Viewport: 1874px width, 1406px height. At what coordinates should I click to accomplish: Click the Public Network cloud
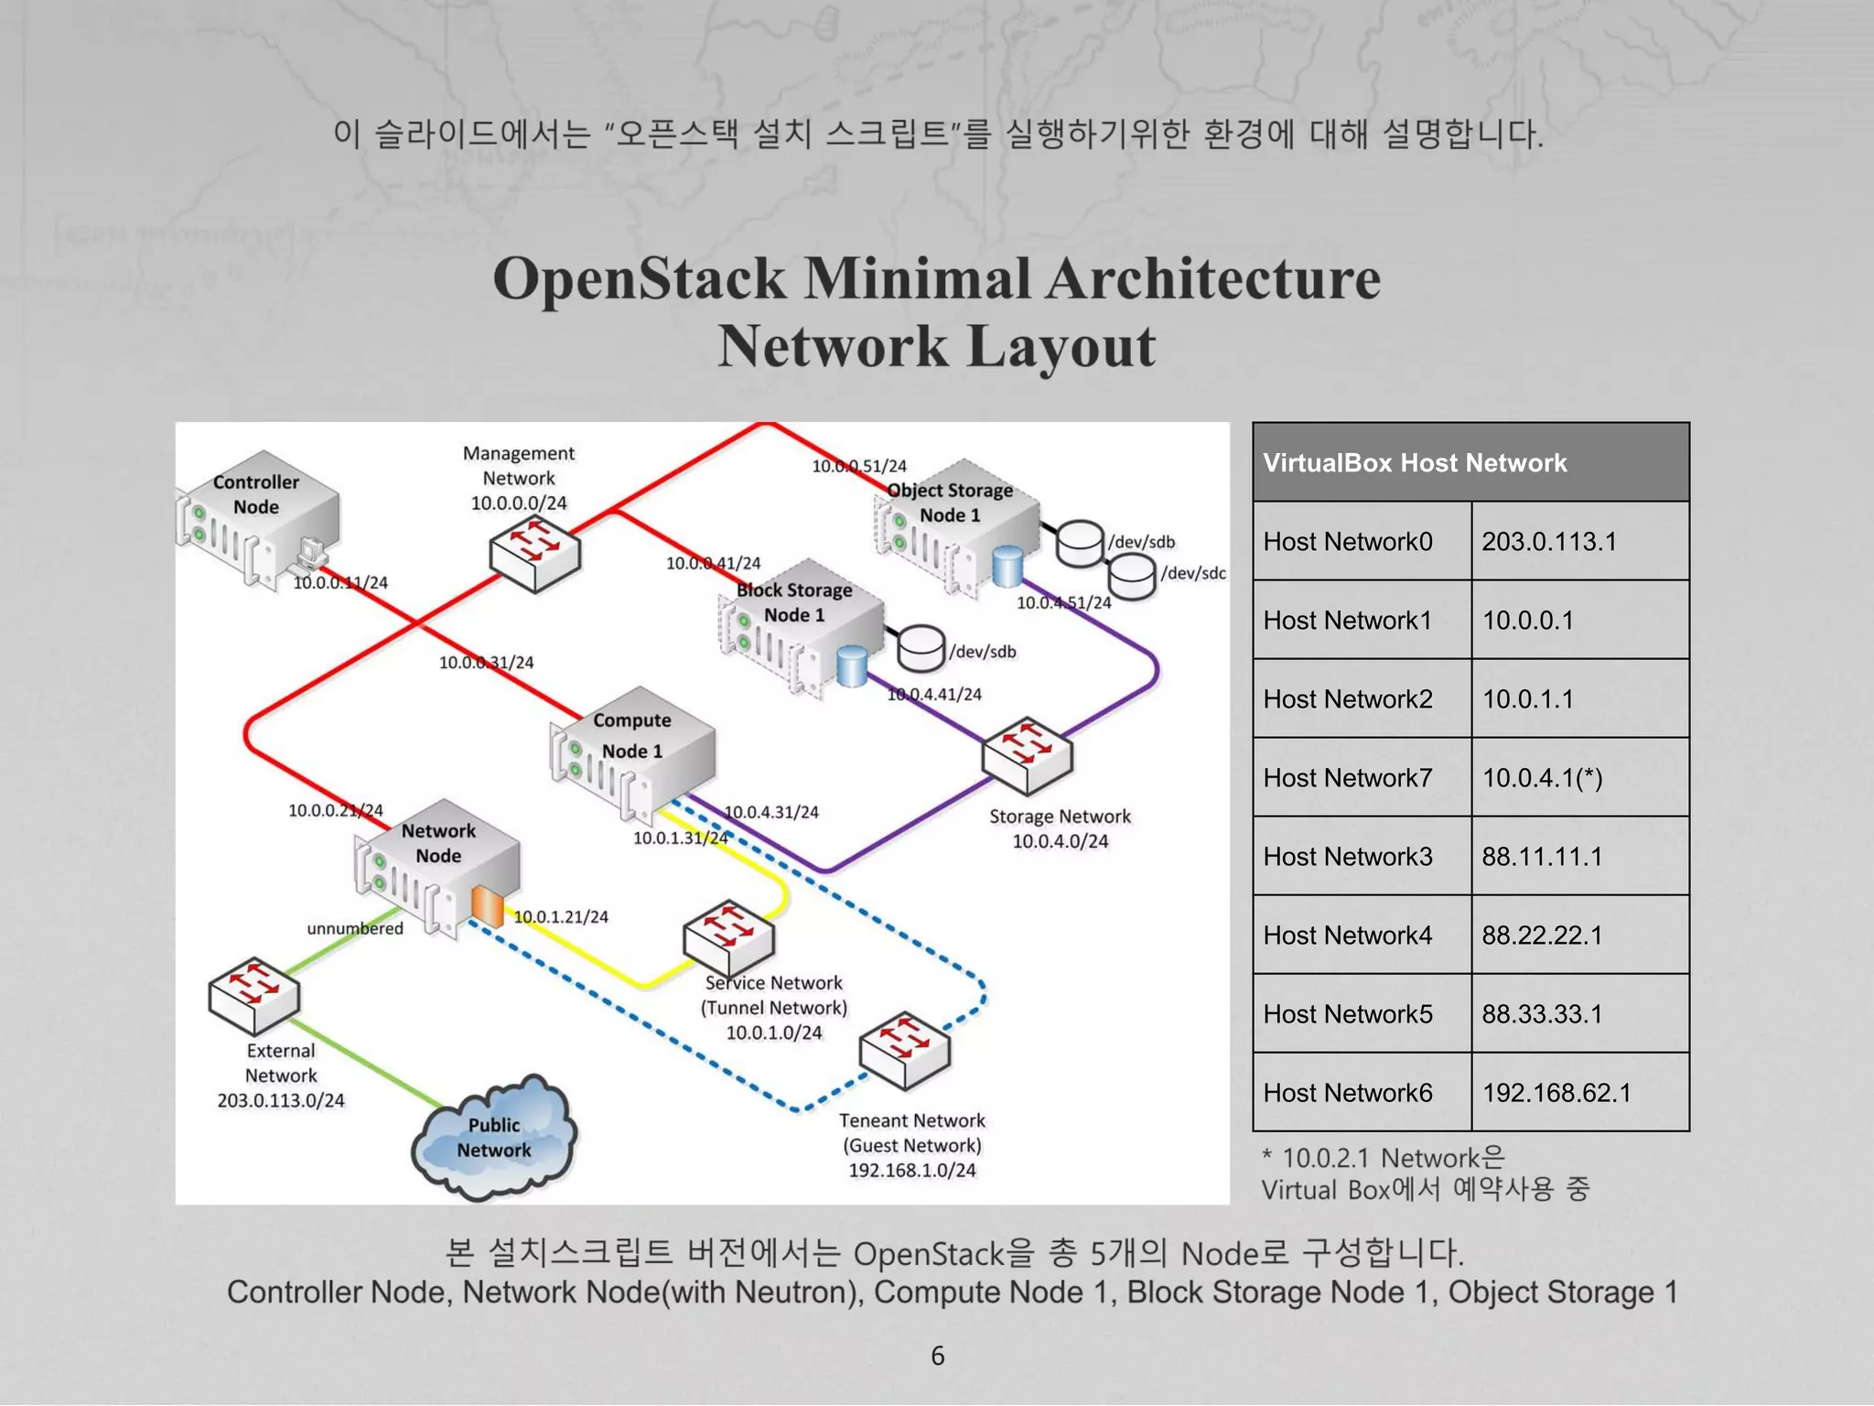495,1138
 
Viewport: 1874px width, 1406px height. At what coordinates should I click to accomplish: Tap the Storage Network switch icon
1027,754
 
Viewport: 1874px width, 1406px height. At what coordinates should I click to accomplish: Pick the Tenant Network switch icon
905,1051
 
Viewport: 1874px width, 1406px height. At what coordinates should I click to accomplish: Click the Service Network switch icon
728,938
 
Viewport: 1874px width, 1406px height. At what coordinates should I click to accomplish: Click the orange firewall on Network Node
487,906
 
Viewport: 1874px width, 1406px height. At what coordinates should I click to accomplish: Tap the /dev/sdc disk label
1193,573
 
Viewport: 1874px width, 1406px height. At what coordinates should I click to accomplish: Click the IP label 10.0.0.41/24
713,563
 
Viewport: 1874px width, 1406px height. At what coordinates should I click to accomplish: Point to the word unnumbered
355,928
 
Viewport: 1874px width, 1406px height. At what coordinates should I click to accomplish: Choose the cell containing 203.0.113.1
1579,541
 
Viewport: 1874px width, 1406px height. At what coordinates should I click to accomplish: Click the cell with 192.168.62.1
1579,1092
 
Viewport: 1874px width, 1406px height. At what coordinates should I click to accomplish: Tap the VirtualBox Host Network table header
1470,462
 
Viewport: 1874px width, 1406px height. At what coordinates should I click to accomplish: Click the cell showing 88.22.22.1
1579,935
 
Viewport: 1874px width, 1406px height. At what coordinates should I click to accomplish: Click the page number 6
937,1356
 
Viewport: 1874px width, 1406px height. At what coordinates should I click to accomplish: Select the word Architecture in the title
1212,278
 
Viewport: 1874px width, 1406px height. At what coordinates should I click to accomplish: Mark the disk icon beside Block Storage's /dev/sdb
920,647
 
